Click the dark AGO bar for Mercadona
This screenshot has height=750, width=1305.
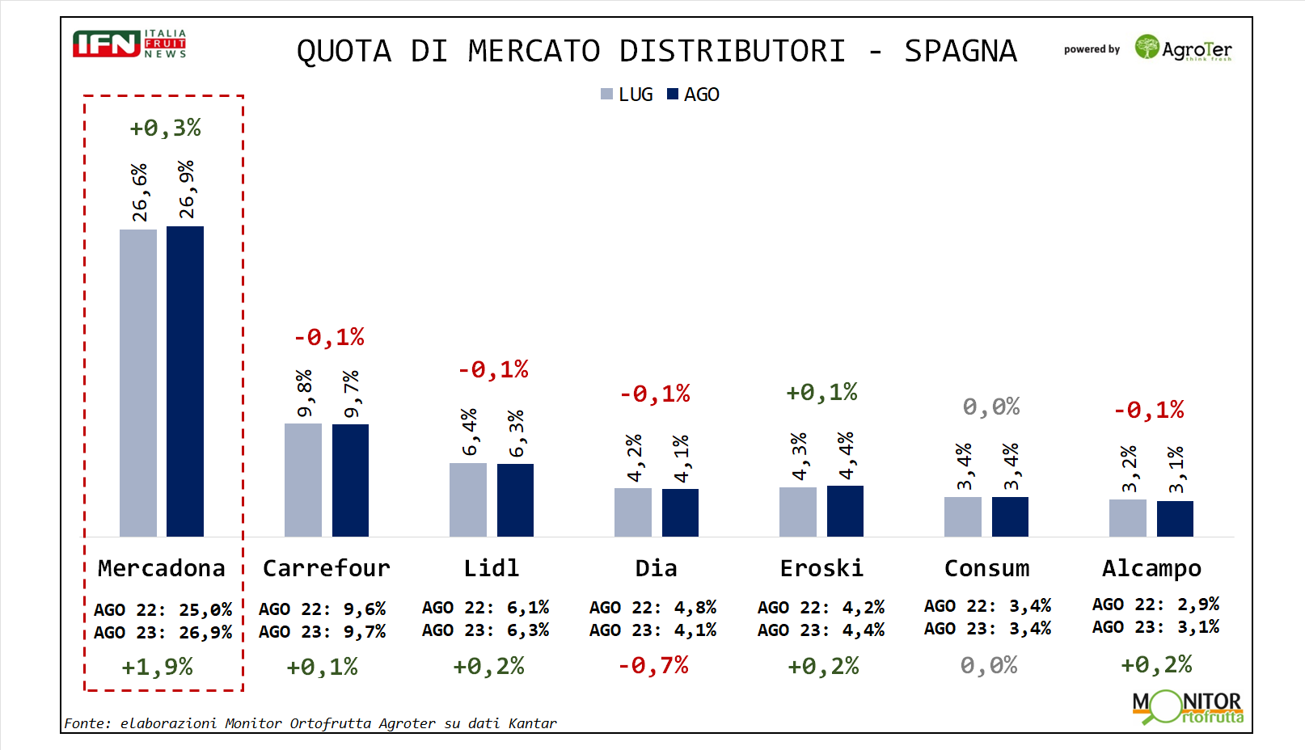coord(185,381)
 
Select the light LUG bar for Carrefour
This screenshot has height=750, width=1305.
coord(303,480)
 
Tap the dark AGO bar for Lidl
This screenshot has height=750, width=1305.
coord(515,500)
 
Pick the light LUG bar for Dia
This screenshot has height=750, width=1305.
coord(633,512)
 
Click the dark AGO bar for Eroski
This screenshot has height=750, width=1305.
coord(845,511)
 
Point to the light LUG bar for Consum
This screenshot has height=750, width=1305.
coord(963,516)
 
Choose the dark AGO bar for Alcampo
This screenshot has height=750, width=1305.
coord(1175,519)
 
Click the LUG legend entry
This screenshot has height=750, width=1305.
coord(627,95)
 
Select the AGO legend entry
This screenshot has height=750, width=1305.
coord(694,95)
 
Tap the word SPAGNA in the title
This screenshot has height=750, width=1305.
coord(960,51)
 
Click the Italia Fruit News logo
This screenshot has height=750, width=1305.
coord(129,44)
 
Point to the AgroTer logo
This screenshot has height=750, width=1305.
coord(1184,48)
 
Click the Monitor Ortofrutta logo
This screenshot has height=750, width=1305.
coord(1187,707)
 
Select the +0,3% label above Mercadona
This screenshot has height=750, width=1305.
coord(165,128)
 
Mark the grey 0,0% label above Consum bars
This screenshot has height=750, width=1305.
coord(990,407)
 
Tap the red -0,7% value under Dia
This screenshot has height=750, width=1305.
coord(653,665)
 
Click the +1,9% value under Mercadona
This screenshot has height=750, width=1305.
coord(157,667)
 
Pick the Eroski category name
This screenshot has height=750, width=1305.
coord(821,568)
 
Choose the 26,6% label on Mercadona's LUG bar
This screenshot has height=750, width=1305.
coord(140,192)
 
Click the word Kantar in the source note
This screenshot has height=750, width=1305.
coord(532,723)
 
